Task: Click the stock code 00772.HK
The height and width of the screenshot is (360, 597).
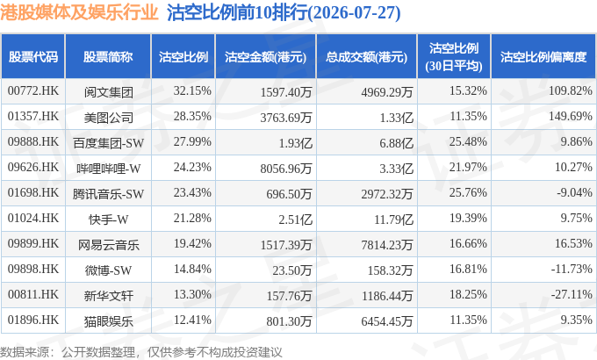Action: tap(33, 90)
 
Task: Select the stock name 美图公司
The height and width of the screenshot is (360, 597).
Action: tap(109, 118)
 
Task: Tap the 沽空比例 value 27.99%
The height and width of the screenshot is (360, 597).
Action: tap(192, 141)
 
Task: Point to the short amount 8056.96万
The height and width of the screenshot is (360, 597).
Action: tap(286, 169)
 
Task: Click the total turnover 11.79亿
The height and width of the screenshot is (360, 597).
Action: tap(393, 220)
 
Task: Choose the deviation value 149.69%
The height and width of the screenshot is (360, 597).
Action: tap(571, 116)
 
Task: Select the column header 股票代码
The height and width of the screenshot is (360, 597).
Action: tap(33, 57)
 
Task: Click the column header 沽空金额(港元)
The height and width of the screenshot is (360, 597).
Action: tap(265, 57)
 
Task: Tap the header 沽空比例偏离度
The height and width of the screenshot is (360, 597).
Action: tap(543, 57)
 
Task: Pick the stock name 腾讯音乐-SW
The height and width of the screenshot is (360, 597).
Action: tap(108, 194)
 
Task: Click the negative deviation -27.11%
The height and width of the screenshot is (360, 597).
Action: tap(572, 294)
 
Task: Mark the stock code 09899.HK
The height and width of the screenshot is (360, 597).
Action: tap(33, 243)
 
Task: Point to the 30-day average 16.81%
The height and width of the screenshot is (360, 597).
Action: tap(468, 269)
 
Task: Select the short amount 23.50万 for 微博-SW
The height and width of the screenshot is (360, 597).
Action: tap(292, 270)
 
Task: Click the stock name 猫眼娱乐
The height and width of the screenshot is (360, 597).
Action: tap(109, 321)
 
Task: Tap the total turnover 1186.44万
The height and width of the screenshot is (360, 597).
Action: tap(387, 296)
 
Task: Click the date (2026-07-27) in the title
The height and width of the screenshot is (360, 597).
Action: tap(354, 12)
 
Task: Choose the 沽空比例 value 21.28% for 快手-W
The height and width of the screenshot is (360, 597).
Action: tap(192, 218)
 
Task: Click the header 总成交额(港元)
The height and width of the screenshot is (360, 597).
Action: tap(366, 57)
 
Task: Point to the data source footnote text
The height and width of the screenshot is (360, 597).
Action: tap(140, 352)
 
